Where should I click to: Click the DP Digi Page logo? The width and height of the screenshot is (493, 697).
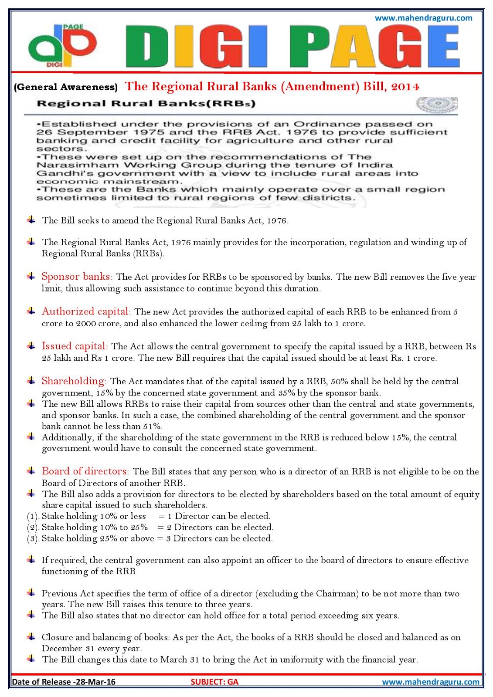pyautogui.click(x=61, y=46)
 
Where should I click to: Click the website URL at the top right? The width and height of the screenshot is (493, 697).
pyautogui.click(x=423, y=18)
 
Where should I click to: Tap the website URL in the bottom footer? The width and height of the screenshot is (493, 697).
pyautogui.click(x=430, y=682)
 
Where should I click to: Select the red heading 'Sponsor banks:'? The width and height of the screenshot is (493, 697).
pyautogui.click(x=77, y=277)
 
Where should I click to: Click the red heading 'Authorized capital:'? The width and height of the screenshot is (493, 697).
pyautogui.click(x=86, y=311)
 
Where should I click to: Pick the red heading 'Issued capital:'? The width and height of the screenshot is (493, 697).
pyautogui.click(x=75, y=346)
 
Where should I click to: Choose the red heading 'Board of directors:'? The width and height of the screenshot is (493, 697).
pyautogui.click(x=85, y=471)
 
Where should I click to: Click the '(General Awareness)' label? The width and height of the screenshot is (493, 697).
pyautogui.click(x=66, y=87)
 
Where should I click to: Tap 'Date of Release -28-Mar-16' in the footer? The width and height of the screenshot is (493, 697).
pyautogui.click(x=64, y=682)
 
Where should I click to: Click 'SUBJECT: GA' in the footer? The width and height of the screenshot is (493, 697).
pyautogui.click(x=214, y=682)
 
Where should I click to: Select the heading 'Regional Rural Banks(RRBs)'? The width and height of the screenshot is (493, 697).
pyautogui.click(x=146, y=104)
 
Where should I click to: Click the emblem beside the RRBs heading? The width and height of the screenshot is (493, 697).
pyautogui.click(x=436, y=105)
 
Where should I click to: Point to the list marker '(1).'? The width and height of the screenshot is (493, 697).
pyautogui.click(x=33, y=517)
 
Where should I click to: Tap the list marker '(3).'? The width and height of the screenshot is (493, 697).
pyautogui.click(x=33, y=539)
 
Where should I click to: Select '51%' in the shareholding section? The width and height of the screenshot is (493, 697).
pyautogui.click(x=153, y=426)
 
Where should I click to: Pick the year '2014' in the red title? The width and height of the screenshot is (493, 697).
pyautogui.click(x=405, y=87)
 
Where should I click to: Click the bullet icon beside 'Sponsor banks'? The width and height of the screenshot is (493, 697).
pyautogui.click(x=31, y=276)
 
